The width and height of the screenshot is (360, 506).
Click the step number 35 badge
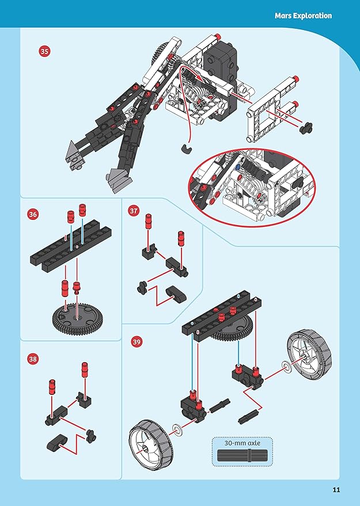[45, 51]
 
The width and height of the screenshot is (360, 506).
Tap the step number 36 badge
[33, 214]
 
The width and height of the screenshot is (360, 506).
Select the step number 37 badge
[134, 211]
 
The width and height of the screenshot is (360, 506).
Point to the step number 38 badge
[33, 359]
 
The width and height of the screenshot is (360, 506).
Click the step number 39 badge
[137, 342]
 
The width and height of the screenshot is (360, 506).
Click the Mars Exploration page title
[303, 16]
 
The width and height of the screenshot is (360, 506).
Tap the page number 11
[336, 490]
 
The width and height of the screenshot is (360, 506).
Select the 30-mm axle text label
[242, 443]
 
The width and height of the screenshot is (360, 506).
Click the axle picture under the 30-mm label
[242, 455]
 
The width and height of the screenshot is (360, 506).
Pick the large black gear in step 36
[77, 318]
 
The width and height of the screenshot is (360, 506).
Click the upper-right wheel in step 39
[309, 354]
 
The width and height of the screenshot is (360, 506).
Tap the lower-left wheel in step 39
[151, 444]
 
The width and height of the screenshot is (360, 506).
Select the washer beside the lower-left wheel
[177, 429]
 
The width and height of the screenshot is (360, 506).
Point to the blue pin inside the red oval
[238, 167]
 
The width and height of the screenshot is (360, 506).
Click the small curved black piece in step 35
[186, 148]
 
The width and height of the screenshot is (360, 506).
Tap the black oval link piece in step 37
[176, 294]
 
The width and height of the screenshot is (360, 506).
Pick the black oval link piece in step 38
[57, 443]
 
